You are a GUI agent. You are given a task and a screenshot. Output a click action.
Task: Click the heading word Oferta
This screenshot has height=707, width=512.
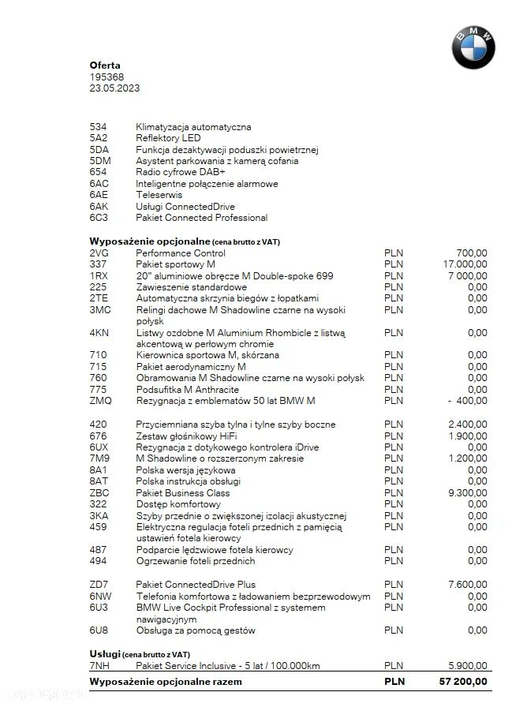tap(105, 65)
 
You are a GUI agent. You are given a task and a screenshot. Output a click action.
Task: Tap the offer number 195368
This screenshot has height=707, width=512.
tap(107, 77)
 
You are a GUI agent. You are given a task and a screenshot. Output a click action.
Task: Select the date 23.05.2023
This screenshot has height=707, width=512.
tap(114, 88)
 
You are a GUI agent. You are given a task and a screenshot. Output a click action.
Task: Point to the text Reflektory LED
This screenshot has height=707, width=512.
tap(168, 138)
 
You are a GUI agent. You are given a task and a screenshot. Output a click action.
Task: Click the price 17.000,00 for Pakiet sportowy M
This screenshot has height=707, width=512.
tap(465, 264)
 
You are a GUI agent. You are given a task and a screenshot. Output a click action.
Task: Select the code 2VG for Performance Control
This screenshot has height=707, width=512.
tap(99, 253)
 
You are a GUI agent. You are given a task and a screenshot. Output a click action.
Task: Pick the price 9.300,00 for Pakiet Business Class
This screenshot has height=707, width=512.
tap(467, 492)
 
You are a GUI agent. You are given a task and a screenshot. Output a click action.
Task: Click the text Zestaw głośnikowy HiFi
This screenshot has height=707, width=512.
tap(186, 436)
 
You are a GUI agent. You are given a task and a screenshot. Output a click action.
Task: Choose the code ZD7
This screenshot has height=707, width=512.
tap(99, 585)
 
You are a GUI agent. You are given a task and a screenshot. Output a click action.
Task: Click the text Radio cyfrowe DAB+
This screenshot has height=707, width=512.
tap(180, 172)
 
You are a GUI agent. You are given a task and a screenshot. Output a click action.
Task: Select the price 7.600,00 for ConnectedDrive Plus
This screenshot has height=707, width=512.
tap(467, 585)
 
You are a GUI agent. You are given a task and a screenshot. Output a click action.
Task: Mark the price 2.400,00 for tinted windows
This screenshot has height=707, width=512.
tap(467, 425)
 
